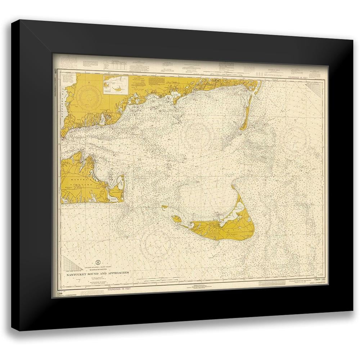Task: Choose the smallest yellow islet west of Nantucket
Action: [x=165, y=207]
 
